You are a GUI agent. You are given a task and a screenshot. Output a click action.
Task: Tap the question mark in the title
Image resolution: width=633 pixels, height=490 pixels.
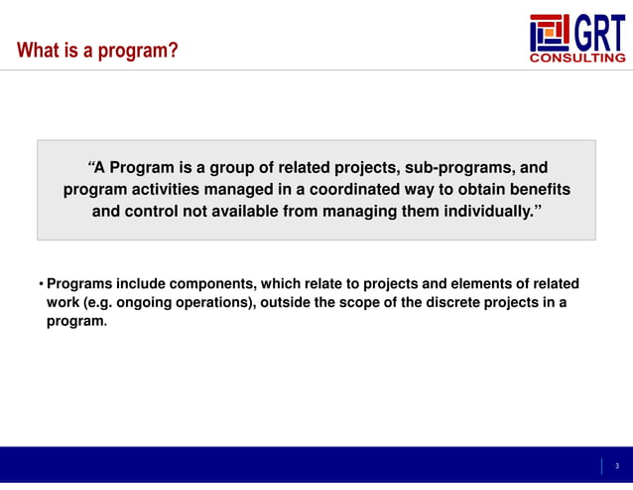tap(174, 50)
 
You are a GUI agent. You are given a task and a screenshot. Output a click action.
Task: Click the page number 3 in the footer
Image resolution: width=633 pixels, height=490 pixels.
tap(616, 466)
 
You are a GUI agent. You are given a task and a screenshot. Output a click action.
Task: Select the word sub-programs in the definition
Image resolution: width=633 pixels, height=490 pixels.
tap(467, 167)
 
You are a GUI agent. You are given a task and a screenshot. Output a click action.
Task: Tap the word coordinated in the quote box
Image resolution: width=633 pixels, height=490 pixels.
tap(359, 189)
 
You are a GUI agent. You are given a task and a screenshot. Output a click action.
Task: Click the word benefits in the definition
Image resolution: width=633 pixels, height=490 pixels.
tap(538, 189)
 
